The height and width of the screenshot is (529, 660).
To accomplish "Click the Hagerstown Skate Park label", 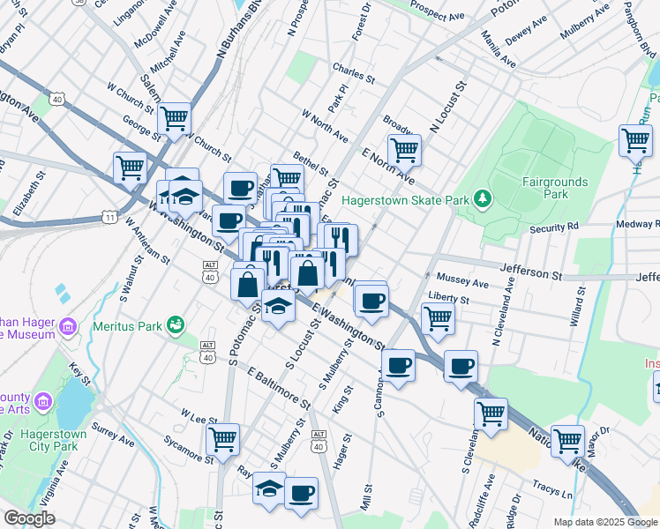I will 405,200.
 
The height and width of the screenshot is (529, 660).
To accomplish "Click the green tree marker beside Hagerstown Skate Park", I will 482,199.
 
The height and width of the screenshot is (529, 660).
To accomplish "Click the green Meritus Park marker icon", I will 176,325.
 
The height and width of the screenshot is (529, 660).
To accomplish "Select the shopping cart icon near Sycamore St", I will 222,437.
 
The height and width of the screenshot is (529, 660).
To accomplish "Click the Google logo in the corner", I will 29,518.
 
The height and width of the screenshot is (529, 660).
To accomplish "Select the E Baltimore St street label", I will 279,389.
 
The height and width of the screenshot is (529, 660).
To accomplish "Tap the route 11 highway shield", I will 109,217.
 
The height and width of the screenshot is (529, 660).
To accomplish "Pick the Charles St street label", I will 354,69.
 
